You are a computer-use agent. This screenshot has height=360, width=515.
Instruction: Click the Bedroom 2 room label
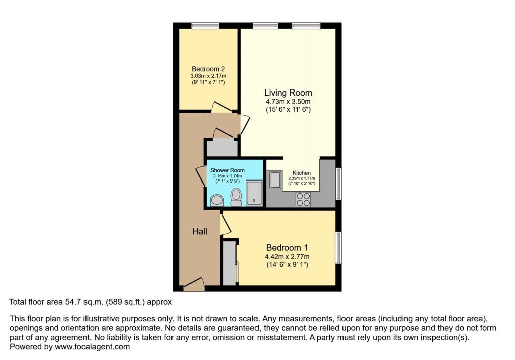[x=208, y=69]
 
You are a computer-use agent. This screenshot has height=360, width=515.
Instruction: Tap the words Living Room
[x=288, y=93]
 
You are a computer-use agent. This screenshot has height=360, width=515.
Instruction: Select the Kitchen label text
[x=302, y=173]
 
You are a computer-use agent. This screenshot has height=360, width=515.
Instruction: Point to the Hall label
[x=200, y=231]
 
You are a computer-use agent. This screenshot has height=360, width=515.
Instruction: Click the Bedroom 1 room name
[x=287, y=248]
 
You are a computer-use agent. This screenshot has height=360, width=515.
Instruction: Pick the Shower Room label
[x=227, y=170]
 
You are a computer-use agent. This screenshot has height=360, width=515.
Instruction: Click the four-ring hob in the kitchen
[x=303, y=200]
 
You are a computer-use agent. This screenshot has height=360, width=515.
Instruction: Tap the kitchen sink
[x=275, y=180]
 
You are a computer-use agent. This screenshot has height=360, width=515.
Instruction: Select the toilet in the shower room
[x=236, y=197]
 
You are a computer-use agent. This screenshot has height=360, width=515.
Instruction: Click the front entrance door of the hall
[x=194, y=285]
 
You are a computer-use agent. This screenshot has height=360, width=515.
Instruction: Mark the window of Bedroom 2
[x=204, y=25]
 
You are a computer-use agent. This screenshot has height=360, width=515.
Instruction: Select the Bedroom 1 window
[x=338, y=247]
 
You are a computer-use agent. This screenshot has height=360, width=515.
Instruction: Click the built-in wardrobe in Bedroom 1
[x=230, y=262]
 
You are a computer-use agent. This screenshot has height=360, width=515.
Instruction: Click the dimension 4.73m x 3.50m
[x=288, y=102]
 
